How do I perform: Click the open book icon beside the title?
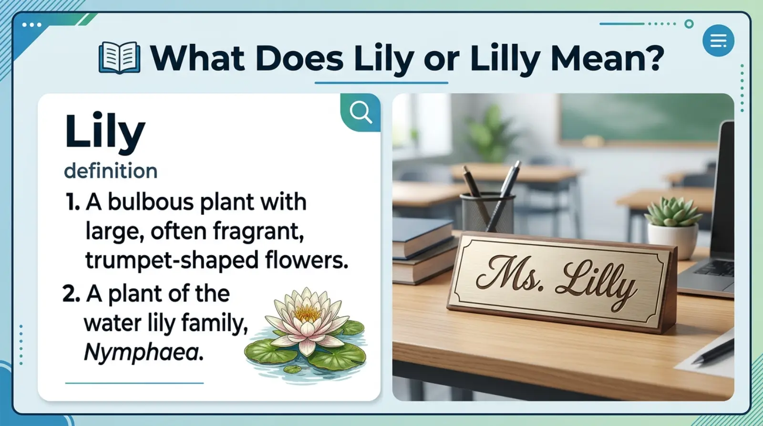pos(119,58)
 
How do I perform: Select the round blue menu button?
pos(718,41)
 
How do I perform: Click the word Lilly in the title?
pos(505,59)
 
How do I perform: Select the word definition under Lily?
pos(111,171)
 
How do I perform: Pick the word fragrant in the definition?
pos(258,232)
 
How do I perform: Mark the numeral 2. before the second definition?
pos(71,294)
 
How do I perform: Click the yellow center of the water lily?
pos(307,312)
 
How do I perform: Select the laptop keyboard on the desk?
pos(715,268)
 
